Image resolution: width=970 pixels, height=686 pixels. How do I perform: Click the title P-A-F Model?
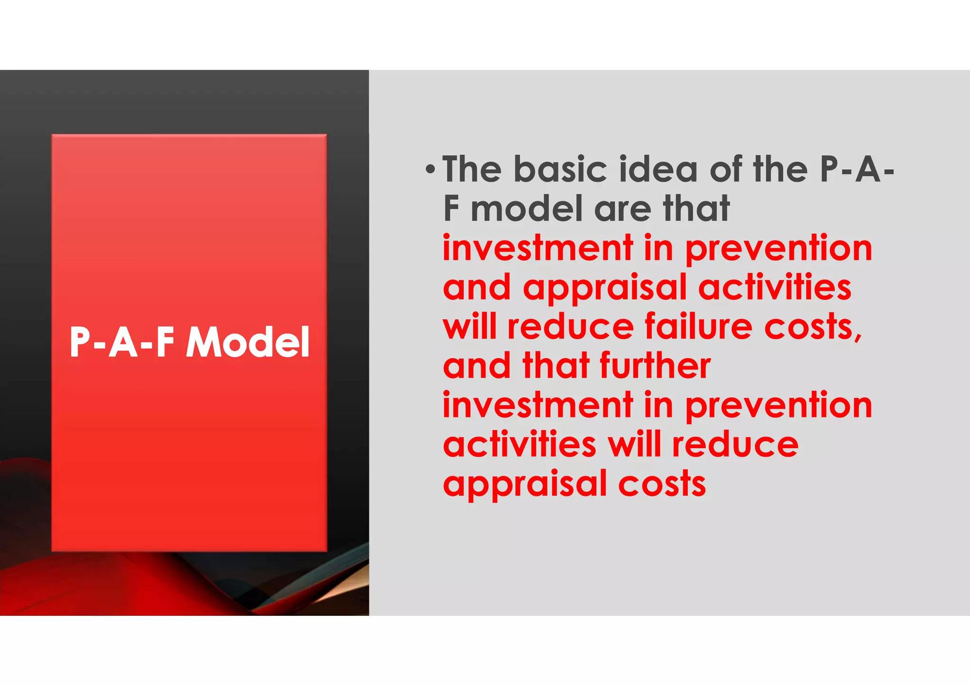pyautogui.click(x=189, y=342)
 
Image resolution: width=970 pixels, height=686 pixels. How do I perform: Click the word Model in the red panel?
pyautogui.click(x=248, y=342)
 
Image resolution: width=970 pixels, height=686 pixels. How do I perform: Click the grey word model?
pyautogui.click(x=526, y=209)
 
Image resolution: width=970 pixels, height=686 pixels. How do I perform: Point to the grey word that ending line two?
pyautogui.click(x=696, y=209)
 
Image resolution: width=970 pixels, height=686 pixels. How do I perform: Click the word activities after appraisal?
pyautogui.click(x=775, y=288)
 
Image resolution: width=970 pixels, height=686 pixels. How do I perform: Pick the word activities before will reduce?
pyautogui.click(x=520, y=445)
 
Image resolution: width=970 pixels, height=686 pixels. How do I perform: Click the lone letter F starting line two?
pyautogui.click(x=451, y=209)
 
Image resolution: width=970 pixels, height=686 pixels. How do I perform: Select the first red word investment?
pyautogui.click(x=538, y=248)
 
